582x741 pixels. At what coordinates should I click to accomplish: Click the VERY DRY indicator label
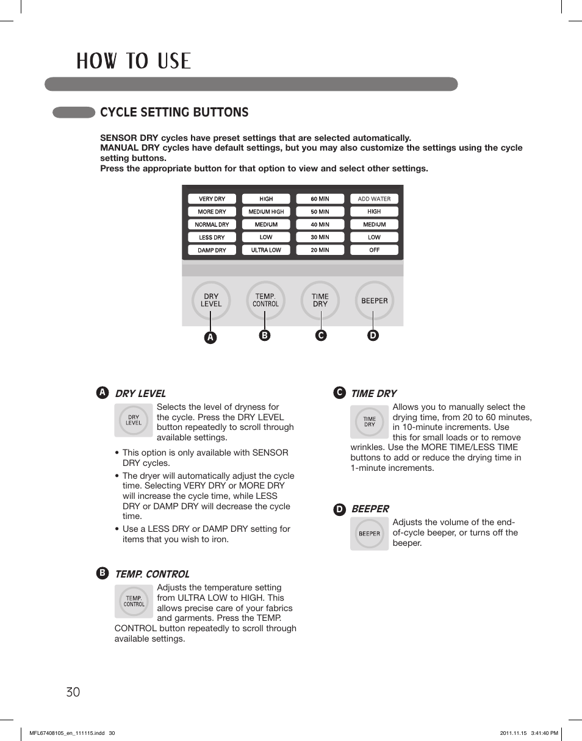(212, 199)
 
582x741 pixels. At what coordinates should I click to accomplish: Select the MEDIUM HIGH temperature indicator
(266, 212)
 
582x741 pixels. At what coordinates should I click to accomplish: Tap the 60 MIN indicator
(320, 199)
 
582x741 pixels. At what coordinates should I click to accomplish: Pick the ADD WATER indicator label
(374, 199)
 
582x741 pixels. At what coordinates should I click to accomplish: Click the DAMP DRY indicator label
(212, 250)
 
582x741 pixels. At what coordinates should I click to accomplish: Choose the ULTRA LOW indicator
(266, 250)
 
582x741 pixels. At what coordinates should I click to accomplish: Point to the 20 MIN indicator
(320, 250)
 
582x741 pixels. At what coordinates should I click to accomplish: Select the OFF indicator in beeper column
(374, 250)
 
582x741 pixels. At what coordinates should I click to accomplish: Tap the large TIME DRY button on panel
(320, 300)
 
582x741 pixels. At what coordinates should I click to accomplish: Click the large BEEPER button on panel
(375, 300)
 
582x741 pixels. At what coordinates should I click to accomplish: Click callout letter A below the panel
(210, 337)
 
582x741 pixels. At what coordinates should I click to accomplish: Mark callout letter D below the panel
(373, 335)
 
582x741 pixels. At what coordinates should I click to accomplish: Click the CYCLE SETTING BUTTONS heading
(174, 112)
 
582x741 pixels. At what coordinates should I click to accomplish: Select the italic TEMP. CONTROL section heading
(152, 574)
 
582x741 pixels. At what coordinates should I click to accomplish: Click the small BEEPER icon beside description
(369, 534)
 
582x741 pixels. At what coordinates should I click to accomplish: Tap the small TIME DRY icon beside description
(369, 421)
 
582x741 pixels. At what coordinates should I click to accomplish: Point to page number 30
(73, 692)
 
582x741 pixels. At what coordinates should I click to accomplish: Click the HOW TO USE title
(134, 61)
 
